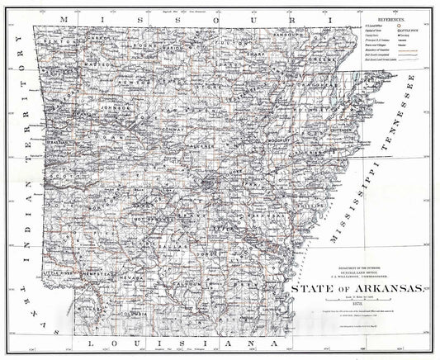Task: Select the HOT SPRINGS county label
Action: (x=144, y=220)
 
